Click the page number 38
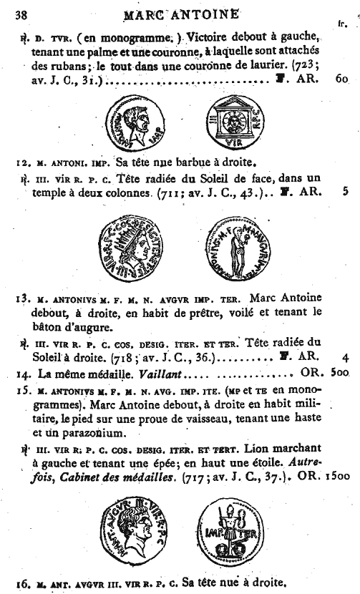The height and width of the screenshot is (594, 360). (x=20, y=14)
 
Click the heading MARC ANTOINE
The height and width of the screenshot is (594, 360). (x=182, y=12)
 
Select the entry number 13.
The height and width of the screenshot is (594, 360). (x=21, y=298)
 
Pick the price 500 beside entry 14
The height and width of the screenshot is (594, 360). (x=340, y=374)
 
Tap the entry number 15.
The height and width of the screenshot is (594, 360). (x=21, y=390)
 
